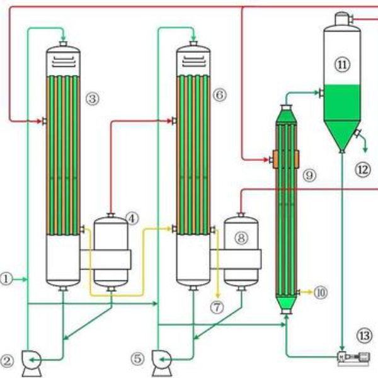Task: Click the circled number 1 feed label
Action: click(6, 279)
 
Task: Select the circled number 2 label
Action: click(7, 362)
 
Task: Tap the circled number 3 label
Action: click(93, 99)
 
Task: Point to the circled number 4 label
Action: click(132, 219)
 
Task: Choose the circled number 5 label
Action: click(137, 358)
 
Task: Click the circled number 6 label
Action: click(220, 95)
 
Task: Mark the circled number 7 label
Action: click(217, 307)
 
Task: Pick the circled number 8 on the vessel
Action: click(241, 238)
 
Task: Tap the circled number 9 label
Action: click(309, 175)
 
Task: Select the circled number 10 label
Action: click(321, 293)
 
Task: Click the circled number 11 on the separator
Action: click(342, 65)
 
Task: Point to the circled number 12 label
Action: click(363, 169)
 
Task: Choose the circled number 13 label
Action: click(364, 336)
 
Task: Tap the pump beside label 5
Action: click(161, 364)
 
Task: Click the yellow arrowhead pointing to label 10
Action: click(310, 292)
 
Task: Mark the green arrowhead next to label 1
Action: click(25, 279)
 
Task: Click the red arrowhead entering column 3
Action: click(39, 121)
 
